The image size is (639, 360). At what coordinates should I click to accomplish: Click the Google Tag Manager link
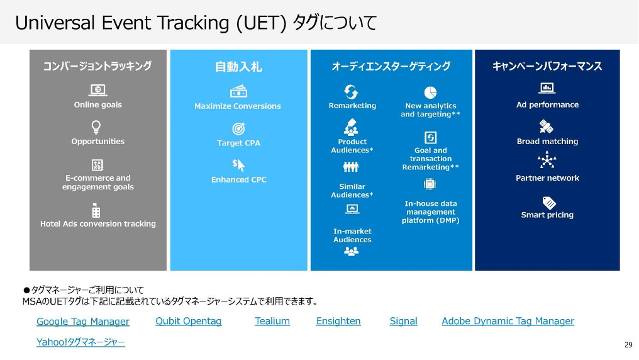pyautogui.click(x=83, y=322)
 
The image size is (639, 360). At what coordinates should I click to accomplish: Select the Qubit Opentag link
pyautogui.click(x=188, y=321)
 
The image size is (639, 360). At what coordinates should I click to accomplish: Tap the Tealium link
pyautogui.click(x=272, y=321)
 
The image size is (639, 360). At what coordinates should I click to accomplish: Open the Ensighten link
pyautogui.click(x=338, y=321)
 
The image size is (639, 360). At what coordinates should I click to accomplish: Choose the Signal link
pyautogui.click(x=403, y=321)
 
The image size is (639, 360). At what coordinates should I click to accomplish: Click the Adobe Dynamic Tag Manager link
pyautogui.click(x=508, y=321)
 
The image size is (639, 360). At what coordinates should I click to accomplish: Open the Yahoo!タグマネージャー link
pyautogui.click(x=81, y=342)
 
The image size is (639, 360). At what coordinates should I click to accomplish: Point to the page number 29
pyautogui.click(x=628, y=345)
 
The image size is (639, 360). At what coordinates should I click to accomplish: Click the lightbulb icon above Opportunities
pyautogui.click(x=96, y=127)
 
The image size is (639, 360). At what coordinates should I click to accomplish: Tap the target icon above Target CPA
pyautogui.click(x=238, y=129)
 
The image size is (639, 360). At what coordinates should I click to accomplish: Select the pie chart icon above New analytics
pyautogui.click(x=430, y=93)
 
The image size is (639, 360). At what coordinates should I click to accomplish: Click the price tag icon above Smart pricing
pyautogui.click(x=549, y=203)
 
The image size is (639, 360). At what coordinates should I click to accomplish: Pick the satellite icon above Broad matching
pyautogui.click(x=546, y=127)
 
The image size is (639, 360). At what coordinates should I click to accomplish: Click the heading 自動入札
pyautogui.click(x=238, y=67)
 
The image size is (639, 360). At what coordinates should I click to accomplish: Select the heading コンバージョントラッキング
pyautogui.click(x=97, y=66)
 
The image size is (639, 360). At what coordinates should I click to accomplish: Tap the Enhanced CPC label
pyautogui.click(x=239, y=180)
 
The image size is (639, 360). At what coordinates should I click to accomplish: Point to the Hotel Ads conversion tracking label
pyautogui.click(x=98, y=224)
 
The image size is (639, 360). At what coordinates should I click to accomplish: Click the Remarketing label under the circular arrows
pyautogui.click(x=352, y=106)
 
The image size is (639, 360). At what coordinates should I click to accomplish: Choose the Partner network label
pyautogui.click(x=547, y=178)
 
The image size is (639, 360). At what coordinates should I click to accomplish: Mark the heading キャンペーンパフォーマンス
pyautogui.click(x=547, y=66)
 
